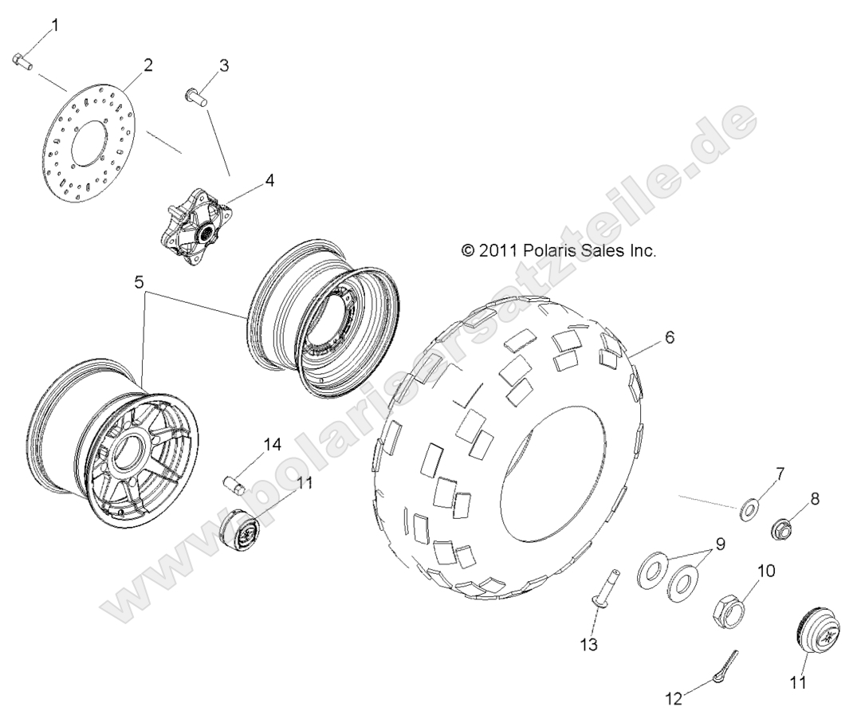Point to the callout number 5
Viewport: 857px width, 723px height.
coord(140,281)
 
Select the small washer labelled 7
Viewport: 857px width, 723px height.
coord(749,508)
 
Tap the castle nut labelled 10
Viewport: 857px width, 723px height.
coord(730,611)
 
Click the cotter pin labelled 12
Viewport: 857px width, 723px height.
coord(718,664)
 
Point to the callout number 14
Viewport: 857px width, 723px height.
coord(272,445)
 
